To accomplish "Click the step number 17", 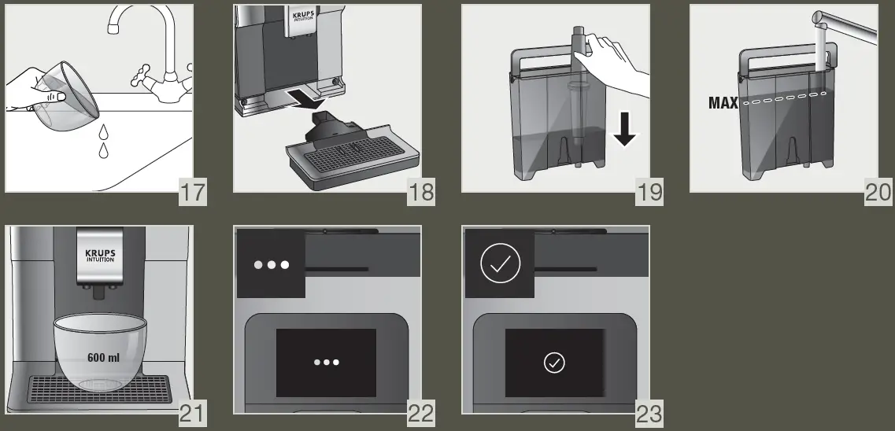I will pos(193,192).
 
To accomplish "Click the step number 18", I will pos(421,192).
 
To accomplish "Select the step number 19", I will pos(649,192).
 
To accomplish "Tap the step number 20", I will pos(878,192).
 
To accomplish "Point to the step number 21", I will pos(193,413).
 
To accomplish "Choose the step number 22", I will pos(421,413).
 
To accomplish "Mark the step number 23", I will pos(649,413).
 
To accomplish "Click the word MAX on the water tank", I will pos(723,103).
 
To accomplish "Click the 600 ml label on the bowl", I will pos(103,357).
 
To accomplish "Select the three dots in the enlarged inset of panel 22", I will pos(272,265).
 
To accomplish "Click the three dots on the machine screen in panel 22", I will pos(326,363).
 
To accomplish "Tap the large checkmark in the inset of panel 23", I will pos(500,265).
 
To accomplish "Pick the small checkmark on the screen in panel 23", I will pos(554,363).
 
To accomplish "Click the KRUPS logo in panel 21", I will pos(100,256).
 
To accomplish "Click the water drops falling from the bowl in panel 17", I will pos(102,142).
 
